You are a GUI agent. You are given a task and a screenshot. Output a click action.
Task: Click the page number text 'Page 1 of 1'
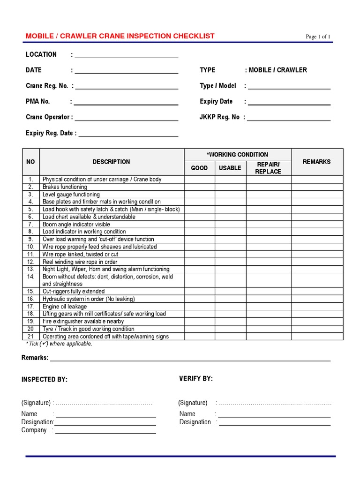tap(318, 37)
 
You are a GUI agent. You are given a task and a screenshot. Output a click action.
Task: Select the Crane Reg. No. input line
tap(127, 89)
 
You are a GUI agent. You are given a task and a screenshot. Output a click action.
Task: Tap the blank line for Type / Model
tap(289, 89)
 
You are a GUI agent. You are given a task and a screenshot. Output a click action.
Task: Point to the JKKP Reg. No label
tap(219, 117)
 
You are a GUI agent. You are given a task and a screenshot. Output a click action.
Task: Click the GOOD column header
tap(199, 168)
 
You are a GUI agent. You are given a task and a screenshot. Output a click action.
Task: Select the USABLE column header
tap(230, 168)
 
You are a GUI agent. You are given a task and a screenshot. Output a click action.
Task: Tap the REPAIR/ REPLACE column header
tap(268, 168)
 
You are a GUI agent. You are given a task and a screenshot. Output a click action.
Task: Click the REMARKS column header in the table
tap(316, 162)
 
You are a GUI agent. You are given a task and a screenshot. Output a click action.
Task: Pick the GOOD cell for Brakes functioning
tap(199, 187)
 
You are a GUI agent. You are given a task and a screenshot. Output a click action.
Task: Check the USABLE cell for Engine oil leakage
tap(230, 307)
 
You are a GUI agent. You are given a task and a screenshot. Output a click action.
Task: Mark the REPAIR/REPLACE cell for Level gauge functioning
tap(268, 195)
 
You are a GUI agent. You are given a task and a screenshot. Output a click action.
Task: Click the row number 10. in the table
tap(31, 247)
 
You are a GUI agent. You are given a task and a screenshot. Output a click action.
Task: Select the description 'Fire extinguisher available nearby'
tap(83, 322)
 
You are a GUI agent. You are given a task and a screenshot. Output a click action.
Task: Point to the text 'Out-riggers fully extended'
tap(74, 292)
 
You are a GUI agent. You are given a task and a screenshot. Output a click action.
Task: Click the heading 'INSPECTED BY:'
tap(45, 380)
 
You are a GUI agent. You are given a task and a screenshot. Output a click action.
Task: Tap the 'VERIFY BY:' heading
tap(196, 379)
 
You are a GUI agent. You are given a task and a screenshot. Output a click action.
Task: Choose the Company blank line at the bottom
tap(106, 433)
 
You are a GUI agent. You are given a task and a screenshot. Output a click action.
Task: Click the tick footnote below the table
tap(60, 344)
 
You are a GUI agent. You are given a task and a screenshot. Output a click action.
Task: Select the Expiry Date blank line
tap(289, 105)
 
